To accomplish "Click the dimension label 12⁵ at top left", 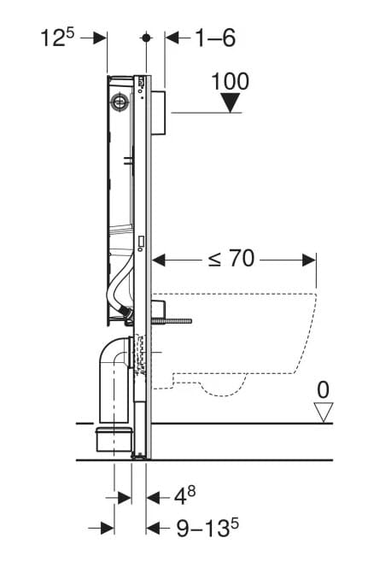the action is point(57,38).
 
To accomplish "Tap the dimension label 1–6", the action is point(215,38).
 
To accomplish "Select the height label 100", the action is point(230,81).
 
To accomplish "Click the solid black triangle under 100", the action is point(231,102).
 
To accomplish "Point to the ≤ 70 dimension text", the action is point(231,258).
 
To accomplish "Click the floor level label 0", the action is point(323,390).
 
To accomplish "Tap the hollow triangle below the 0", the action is point(324,412).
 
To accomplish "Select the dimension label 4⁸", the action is point(184,496).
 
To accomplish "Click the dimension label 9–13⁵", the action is point(207,528).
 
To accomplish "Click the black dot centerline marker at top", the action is point(147,38).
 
